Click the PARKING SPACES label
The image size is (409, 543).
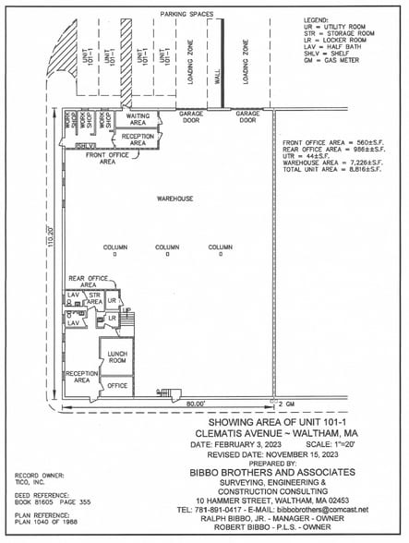coord(186,15)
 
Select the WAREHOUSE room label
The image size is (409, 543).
coord(174,199)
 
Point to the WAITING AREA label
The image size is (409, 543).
coord(138,118)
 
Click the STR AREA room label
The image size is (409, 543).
coord(95,298)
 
